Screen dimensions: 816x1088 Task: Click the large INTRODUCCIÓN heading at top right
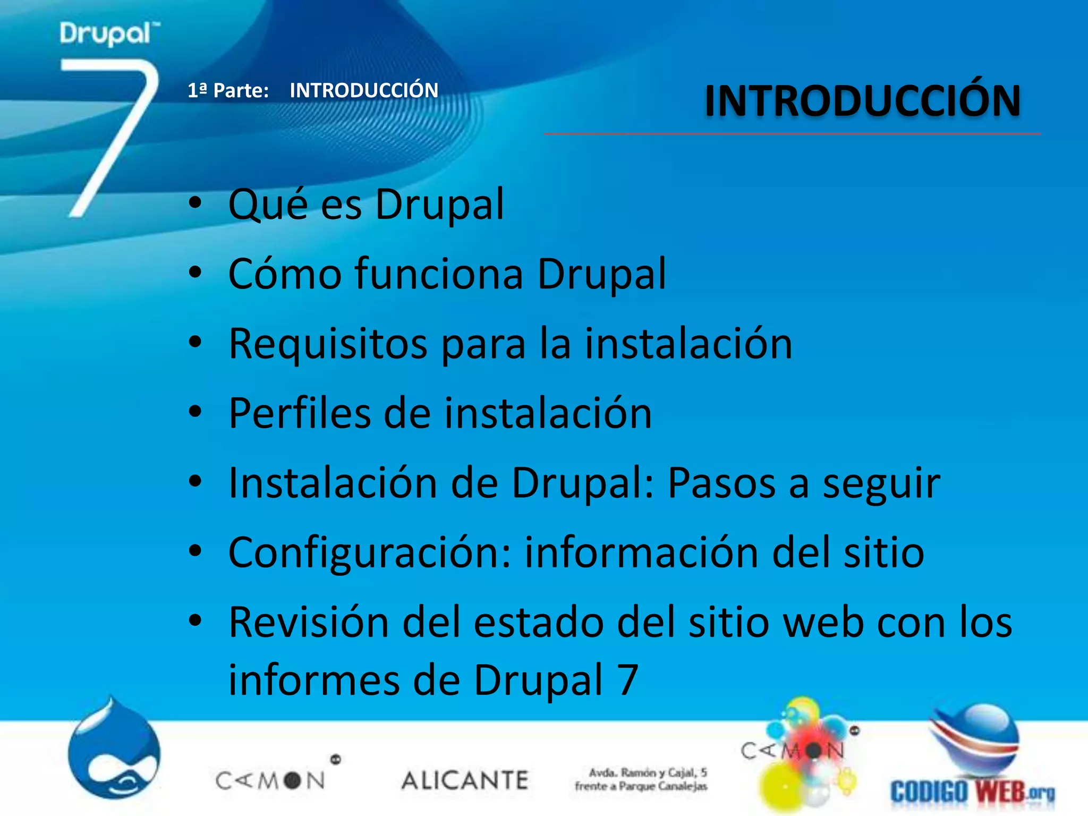click(x=862, y=101)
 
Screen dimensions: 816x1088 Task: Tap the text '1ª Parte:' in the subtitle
click(x=228, y=91)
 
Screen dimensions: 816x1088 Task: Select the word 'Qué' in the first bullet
click(x=268, y=205)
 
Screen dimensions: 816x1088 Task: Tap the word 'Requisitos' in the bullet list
click(x=328, y=344)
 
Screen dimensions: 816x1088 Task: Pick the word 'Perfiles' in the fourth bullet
click(x=299, y=413)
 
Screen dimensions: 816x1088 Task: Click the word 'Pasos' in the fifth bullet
click(x=721, y=483)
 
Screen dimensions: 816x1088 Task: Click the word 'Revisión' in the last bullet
click(x=309, y=623)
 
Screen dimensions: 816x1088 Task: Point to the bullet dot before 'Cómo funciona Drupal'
click(x=195, y=273)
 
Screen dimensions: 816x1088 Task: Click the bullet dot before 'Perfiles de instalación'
click(x=195, y=412)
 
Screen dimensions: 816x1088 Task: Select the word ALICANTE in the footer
click(x=465, y=780)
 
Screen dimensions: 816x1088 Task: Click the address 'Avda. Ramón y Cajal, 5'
click(x=648, y=772)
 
